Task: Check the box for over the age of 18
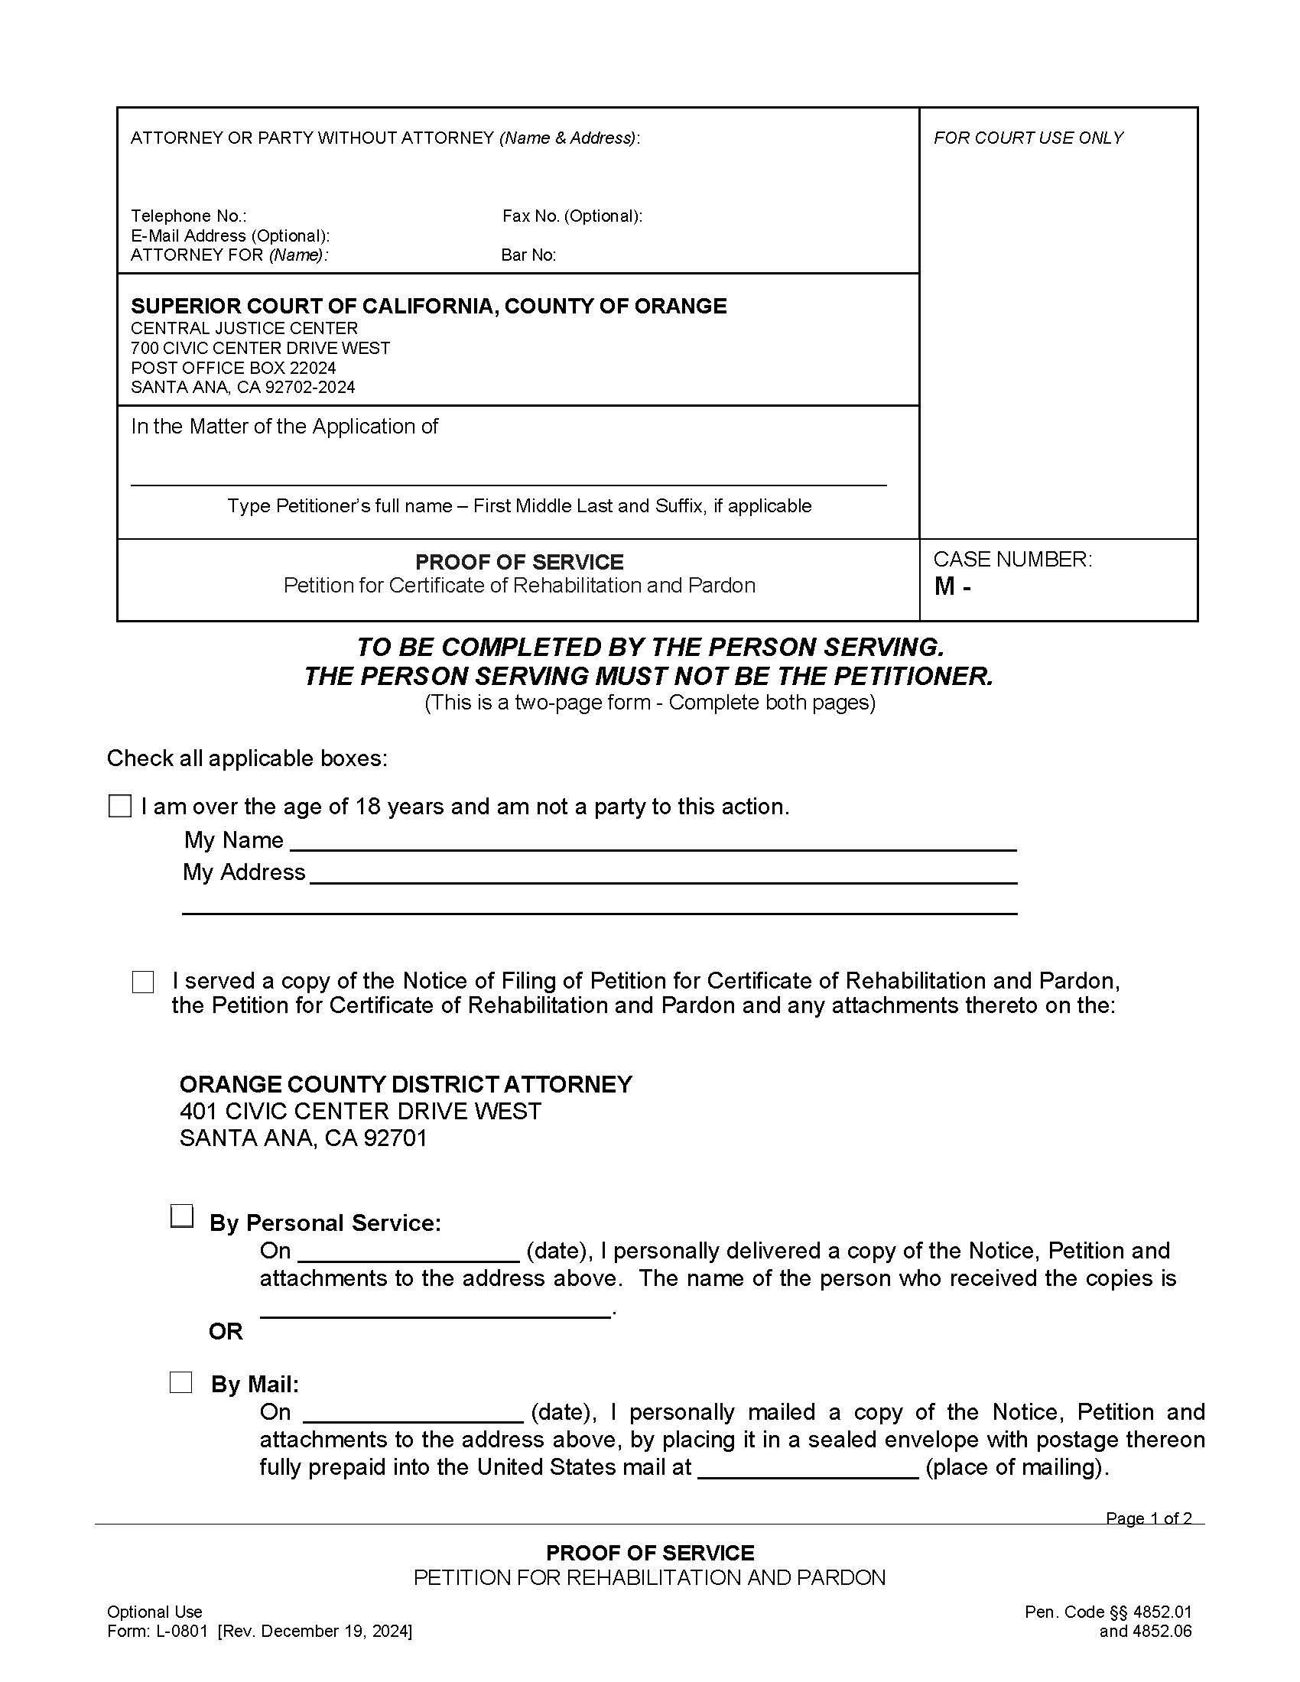(x=119, y=807)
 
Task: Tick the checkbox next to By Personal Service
(x=181, y=1216)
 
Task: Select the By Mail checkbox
(x=180, y=1382)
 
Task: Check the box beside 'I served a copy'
(x=142, y=982)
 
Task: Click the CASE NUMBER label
(x=1012, y=560)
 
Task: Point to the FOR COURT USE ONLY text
(x=1027, y=138)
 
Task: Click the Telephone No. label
(x=188, y=216)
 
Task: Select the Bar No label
(x=528, y=255)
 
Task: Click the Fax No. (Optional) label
(x=571, y=216)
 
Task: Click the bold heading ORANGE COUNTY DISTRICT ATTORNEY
(x=405, y=1084)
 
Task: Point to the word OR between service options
(x=225, y=1332)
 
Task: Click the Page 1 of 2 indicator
(x=1148, y=1518)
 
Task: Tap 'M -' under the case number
(x=952, y=587)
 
